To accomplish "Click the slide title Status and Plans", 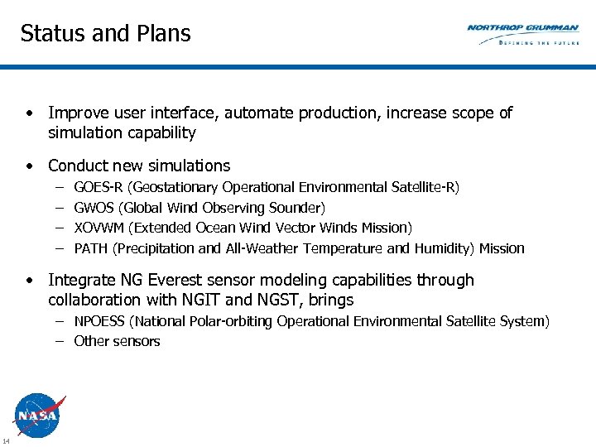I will pyautogui.click(x=105, y=33).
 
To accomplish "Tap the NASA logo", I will pyautogui.click(x=37, y=415).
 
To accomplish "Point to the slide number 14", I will pyautogui.click(x=6, y=439).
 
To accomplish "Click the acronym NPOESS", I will pyautogui.click(x=100, y=321).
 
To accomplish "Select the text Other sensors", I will pyautogui.click(x=117, y=341).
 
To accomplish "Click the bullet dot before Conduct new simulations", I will pyautogui.click(x=29, y=166).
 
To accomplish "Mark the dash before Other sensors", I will pyautogui.click(x=62, y=341).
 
